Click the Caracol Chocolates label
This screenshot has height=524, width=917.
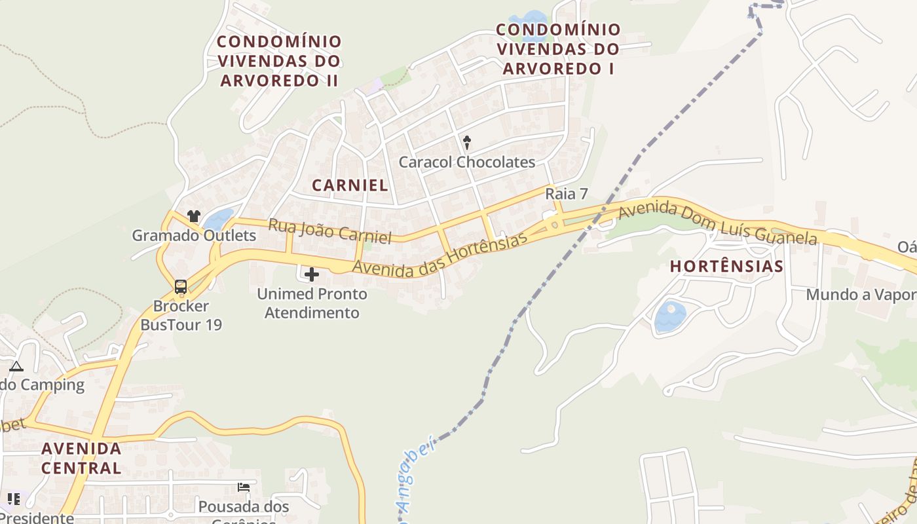tap(467, 162)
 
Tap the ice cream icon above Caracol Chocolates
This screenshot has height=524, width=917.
tap(467, 141)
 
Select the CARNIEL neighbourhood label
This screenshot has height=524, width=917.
tap(350, 185)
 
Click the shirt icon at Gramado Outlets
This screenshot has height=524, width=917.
tap(193, 215)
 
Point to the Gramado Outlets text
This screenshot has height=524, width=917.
tap(194, 235)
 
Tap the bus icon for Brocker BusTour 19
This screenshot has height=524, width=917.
tap(180, 286)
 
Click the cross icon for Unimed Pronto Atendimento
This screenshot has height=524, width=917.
tap(312, 274)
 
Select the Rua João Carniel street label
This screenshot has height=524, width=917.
tap(329, 231)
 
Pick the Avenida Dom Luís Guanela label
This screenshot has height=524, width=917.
tap(718, 224)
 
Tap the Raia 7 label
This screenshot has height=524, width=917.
tap(567, 194)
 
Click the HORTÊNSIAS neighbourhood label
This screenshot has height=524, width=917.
tap(727, 266)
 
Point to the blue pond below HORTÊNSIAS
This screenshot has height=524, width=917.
tap(670, 316)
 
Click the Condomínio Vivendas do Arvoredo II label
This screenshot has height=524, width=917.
tap(280, 61)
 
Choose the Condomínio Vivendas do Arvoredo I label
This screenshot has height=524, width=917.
tap(559, 48)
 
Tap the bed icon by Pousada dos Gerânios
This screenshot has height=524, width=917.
tap(244, 487)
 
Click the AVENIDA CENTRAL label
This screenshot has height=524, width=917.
tap(81, 458)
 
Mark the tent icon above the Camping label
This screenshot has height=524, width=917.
tap(16, 366)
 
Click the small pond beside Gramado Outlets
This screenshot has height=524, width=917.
tap(219, 219)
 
